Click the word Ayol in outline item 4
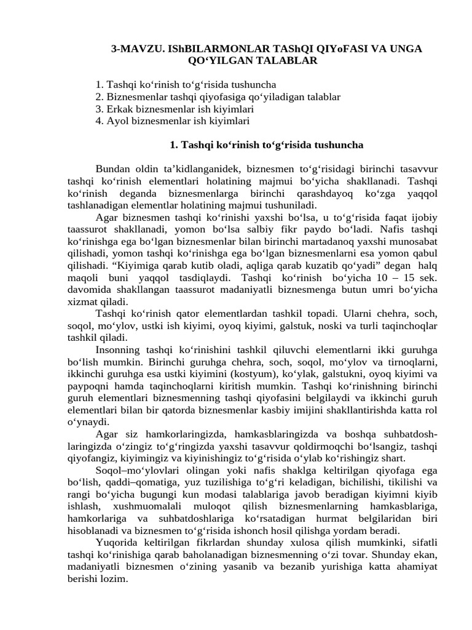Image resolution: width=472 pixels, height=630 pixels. pos(118,121)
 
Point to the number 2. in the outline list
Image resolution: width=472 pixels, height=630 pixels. pos(100,97)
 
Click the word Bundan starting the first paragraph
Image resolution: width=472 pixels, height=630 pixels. pos(112,169)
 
